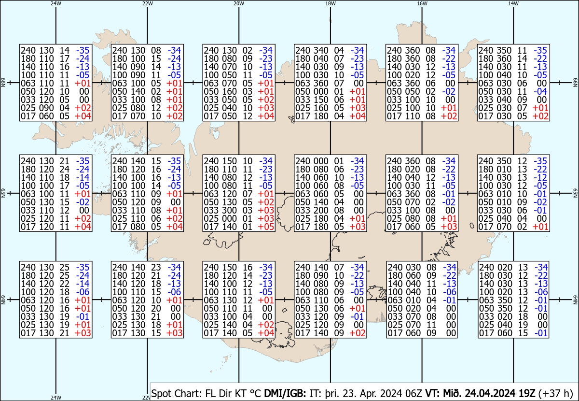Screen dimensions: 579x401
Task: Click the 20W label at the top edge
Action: click(x=238, y=3)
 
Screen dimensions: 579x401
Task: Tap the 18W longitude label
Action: click(x=331, y=3)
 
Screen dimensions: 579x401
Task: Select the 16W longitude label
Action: click(x=422, y=3)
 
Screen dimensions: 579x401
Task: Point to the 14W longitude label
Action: click(x=513, y=3)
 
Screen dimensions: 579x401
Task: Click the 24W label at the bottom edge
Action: click(x=56, y=397)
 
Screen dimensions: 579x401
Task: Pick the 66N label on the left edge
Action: click(x=3, y=83)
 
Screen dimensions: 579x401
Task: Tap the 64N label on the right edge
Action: click(x=575, y=300)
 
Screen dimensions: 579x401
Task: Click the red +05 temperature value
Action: click(x=266, y=227)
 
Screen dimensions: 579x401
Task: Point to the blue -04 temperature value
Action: click(x=540, y=91)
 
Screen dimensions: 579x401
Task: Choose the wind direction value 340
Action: click(x=320, y=50)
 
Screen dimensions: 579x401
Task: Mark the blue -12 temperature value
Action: click(x=540, y=177)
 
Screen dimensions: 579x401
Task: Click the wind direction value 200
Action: click(x=320, y=210)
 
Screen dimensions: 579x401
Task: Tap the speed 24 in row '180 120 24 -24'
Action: click(x=64, y=169)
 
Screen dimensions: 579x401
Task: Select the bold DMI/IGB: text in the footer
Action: click(x=285, y=393)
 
